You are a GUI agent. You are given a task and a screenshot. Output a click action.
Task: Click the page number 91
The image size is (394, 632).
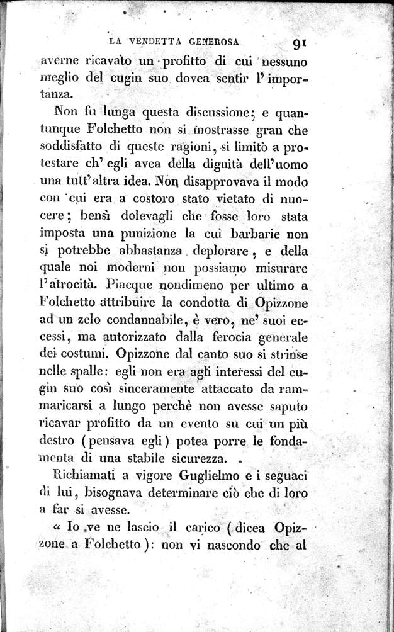click(299, 43)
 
